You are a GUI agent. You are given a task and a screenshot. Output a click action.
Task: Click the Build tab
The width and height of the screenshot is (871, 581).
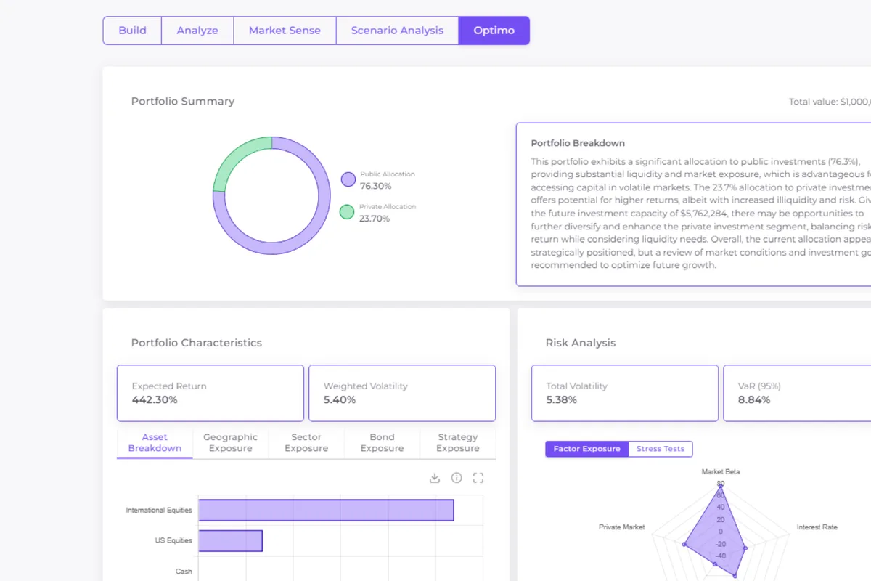(x=132, y=31)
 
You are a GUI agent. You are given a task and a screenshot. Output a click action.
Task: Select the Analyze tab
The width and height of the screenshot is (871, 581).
(x=197, y=31)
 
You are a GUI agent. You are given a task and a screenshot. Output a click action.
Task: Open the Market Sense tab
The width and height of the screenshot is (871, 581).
(x=285, y=31)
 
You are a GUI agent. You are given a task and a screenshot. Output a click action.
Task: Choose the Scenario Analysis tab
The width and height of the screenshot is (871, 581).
(x=397, y=31)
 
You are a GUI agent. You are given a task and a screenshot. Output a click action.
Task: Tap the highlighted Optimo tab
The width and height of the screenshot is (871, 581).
(x=494, y=31)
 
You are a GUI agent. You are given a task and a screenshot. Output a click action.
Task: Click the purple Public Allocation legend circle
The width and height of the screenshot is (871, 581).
(x=348, y=179)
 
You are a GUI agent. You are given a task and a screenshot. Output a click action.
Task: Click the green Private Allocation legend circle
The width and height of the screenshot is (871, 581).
(x=347, y=212)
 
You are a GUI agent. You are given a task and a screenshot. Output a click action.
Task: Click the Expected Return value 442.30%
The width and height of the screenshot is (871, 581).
(x=155, y=399)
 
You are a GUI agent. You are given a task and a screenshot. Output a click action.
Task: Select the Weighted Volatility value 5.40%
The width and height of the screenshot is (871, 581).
(x=340, y=399)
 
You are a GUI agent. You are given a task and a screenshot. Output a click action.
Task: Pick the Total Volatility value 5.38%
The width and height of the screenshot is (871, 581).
(x=562, y=399)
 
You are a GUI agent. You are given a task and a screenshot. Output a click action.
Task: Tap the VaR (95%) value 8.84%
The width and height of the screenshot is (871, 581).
(x=754, y=399)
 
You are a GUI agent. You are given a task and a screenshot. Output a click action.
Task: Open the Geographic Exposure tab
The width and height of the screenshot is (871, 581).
(x=230, y=442)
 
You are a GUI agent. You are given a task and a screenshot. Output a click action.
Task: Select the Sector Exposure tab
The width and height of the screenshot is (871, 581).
(x=306, y=442)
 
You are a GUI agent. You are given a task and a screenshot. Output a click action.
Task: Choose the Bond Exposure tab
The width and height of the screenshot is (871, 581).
(x=382, y=442)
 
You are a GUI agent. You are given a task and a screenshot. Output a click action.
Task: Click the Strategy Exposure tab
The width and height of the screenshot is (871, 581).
(x=458, y=442)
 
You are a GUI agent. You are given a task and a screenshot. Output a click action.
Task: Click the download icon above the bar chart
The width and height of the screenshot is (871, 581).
(x=435, y=478)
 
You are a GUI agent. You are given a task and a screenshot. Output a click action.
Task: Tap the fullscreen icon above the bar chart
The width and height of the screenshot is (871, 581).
(x=478, y=478)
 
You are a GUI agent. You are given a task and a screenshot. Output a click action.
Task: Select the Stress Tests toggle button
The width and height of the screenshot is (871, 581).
(x=661, y=449)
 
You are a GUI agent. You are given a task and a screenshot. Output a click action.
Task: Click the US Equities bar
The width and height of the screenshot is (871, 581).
(x=230, y=541)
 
